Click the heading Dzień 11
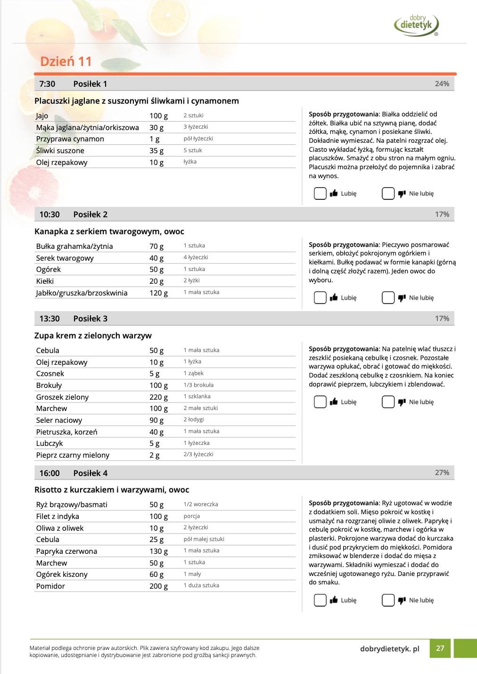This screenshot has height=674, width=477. click(x=66, y=61)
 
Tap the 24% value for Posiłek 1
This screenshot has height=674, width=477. click(x=442, y=84)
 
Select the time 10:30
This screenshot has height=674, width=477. click(x=49, y=214)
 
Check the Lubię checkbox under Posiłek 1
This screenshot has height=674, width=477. click(x=320, y=194)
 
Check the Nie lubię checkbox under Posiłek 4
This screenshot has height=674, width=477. click(x=388, y=600)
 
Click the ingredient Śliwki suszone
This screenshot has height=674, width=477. click(x=60, y=151)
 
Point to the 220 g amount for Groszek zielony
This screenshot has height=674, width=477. click(x=158, y=397)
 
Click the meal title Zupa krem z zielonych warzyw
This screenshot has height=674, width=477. click(x=93, y=336)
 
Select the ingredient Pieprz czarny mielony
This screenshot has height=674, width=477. click(x=73, y=455)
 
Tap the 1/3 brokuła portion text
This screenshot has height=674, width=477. click(x=198, y=385)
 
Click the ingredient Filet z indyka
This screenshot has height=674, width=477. click(x=58, y=517)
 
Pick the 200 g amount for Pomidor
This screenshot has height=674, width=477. click(x=158, y=586)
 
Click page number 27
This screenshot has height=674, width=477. click(x=440, y=649)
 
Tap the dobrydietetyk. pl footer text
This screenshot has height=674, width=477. click(x=389, y=649)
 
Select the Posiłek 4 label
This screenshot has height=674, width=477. click(x=90, y=473)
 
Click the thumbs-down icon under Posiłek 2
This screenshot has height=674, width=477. click(x=402, y=298)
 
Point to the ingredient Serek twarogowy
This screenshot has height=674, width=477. click(x=65, y=258)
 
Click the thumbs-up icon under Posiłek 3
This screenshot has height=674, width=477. click(x=334, y=402)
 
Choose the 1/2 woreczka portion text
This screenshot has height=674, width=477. click(x=201, y=504)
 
